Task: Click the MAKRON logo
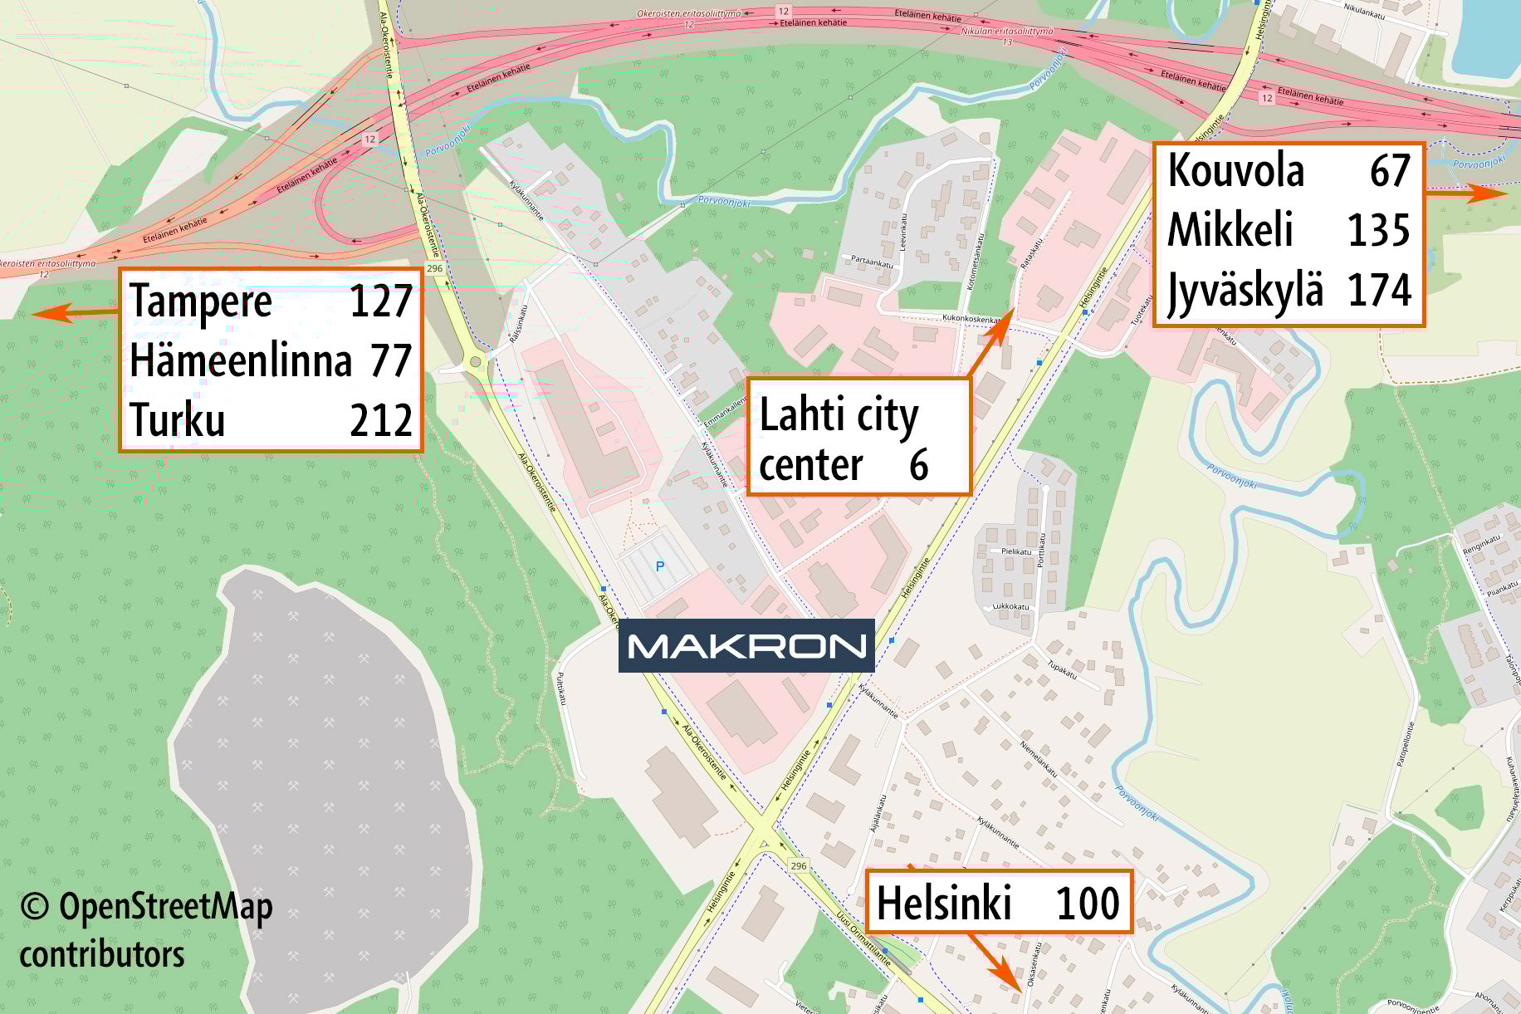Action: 746,645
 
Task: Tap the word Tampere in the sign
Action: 201,301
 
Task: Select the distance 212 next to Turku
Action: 381,420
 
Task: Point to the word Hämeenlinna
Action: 241,361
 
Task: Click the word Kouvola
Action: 1235,171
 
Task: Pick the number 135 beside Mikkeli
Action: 1378,230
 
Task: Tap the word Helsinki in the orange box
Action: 944,903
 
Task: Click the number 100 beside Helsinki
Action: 1088,903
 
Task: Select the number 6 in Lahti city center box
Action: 918,465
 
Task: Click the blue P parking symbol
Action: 660,566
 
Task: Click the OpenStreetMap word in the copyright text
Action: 165,907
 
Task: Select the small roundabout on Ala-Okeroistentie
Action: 475,362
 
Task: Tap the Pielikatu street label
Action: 1016,551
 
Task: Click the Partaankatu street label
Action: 872,261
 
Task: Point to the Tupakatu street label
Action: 1062,670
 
